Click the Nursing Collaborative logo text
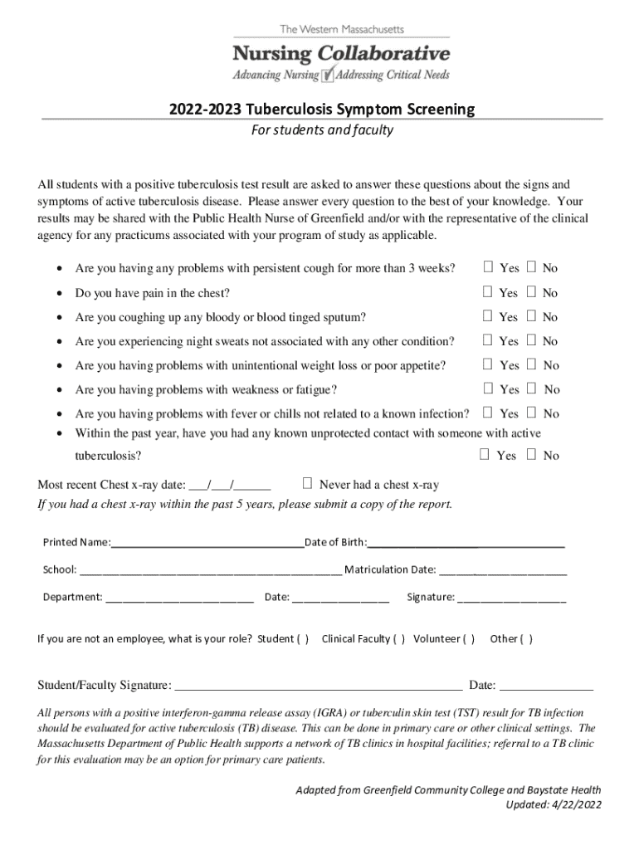click(341, 55)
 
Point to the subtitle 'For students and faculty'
click(322, 130)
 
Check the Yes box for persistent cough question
click(489, 267)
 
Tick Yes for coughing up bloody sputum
click(489, 316)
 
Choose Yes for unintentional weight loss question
click(489, 364)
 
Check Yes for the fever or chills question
click(489, 413)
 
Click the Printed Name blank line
click(207, 544)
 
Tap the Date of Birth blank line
click(466, 544)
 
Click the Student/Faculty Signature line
click(319, 686)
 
